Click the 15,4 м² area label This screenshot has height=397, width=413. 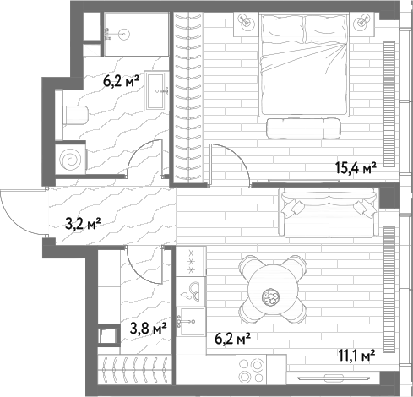click(356, 168)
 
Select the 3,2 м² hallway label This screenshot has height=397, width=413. click(83, 224)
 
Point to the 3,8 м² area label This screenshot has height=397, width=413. click(149, 328)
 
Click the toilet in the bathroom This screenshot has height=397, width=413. click(74, 115)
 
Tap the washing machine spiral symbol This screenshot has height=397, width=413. click(70, 160)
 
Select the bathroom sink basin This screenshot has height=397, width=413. click(155, 91)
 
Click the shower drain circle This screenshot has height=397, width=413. click(124, 35)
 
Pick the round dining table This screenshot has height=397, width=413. click(273, 289)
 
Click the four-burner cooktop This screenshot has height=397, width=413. click(252, 370)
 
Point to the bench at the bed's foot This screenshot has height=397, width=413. click(303, 128)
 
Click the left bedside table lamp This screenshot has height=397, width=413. click(245, 21)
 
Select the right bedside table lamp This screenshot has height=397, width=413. click(363, 21)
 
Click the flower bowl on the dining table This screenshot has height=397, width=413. click(270, 296)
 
